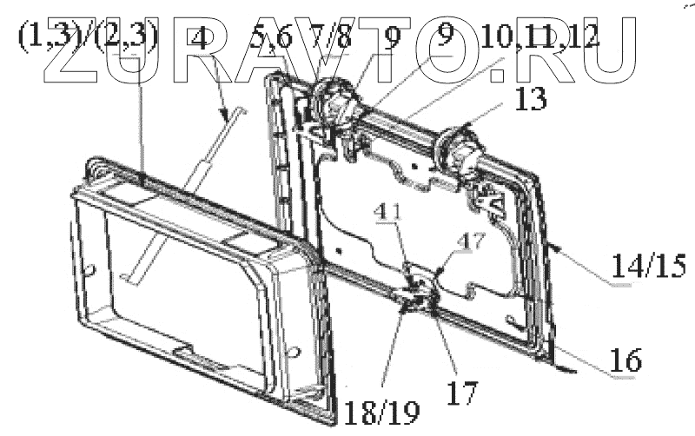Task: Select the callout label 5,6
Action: tap(270, 40)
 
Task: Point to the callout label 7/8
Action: tap(329, 40)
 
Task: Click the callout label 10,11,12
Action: tap(538, 40)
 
